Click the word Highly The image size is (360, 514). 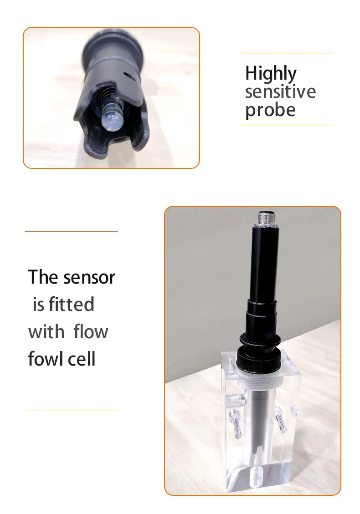tap(271, 74)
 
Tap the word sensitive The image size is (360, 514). tap(280, 92)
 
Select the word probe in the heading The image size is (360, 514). tap(270, 111)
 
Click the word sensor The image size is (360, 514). tap(89, 277)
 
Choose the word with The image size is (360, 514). tap(46, 332)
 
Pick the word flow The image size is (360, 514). tap(91, 332)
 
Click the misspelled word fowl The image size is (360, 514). tap(46, 359)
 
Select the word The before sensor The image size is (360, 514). tap(44, 277)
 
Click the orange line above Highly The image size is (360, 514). tap(287, 53)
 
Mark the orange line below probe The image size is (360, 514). tap(287, 125)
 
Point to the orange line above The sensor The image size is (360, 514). tap(71, 232)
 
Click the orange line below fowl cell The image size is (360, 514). tap(71, 410)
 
